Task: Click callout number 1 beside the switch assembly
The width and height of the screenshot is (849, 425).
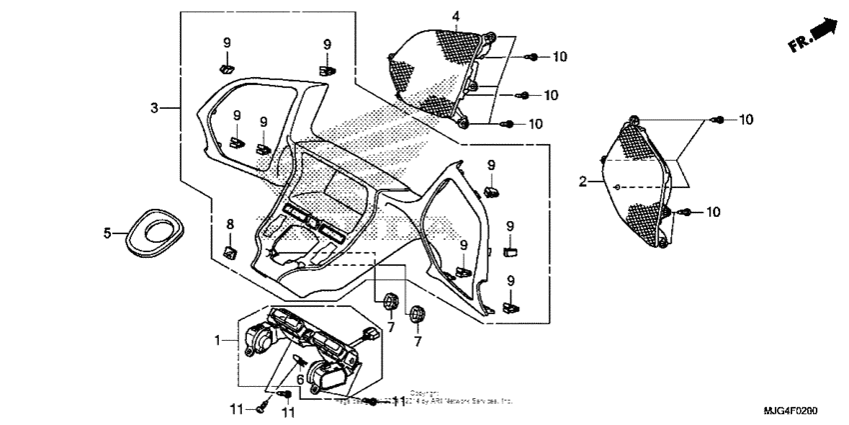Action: [218, 341]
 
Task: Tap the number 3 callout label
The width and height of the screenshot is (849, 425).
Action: [155, 107]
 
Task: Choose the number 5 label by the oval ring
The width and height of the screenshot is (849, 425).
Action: [108, 233]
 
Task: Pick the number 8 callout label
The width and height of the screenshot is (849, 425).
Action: [229, 224]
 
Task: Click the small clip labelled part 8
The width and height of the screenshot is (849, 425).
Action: [229, 251]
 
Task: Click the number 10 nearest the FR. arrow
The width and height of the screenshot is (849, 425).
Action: [744, 120]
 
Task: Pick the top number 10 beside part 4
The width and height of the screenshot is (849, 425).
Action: [559, 57]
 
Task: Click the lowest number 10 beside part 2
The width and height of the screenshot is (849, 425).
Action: [713, 212]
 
